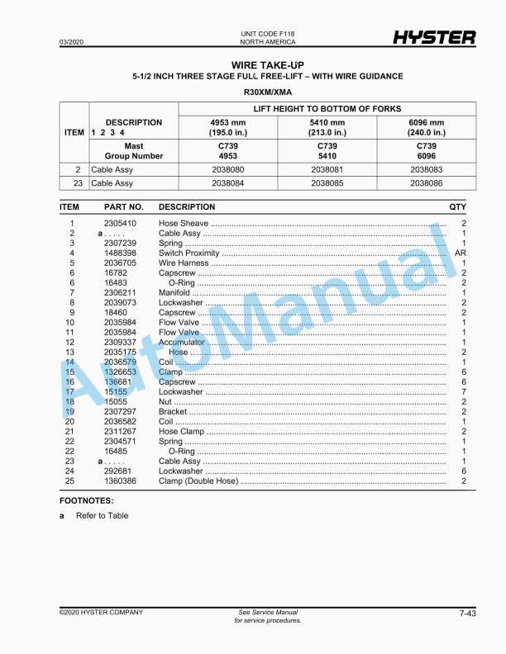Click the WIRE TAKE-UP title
coord(268,64)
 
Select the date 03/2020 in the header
coord(71,41)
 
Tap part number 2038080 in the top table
coord(227,169)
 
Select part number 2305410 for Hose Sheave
coord(120,224)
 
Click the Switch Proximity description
coord(189,253)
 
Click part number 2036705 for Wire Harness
coord(120,263)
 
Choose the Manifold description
coord(174,292)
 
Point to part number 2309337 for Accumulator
coord(120,342)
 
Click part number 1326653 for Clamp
coord(120,372)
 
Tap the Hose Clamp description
coord(181,431)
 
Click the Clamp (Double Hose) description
coord(198,481)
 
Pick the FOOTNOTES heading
coord(87,500)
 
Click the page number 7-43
coord(466,614)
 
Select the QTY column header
coord(457,206)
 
